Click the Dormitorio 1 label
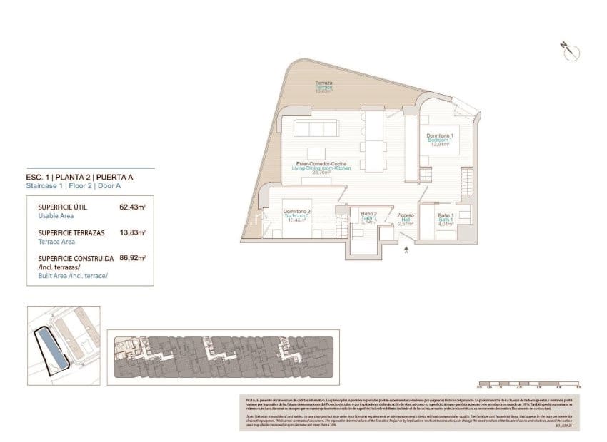pyautogui.click(x=440, y=138)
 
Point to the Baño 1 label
pyautogui.click(x=446, y=217)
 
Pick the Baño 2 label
pyautogui.click(x=368, y=217)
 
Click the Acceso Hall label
pyautogui.click(x=406, y=219)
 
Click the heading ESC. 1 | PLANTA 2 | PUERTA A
pyautogui.click(x=89, y=178)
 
